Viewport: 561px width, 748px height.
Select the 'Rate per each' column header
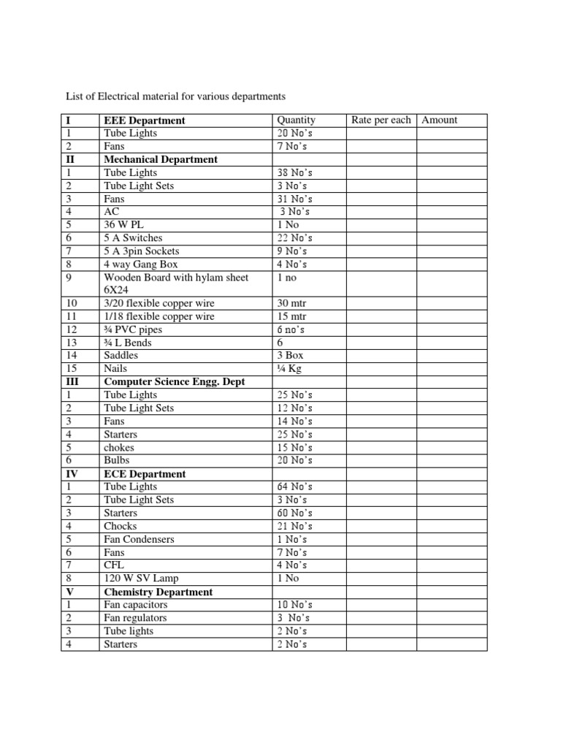(x=381, y=120)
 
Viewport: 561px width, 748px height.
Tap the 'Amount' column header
(x=440, y=120)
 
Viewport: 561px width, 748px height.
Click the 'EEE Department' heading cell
(x=145, y=121)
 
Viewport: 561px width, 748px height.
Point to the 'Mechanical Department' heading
(x=161, y=159)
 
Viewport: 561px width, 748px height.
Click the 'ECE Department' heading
(x=145, y=474)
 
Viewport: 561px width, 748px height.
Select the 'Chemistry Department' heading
(x=159, y=592)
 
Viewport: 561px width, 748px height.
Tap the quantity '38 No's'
(x=295, y=173)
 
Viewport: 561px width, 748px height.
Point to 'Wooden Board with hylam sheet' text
(x=176, y=278)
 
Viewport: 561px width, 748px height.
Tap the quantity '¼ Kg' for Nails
(x=289, y=369)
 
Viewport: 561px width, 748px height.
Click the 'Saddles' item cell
(x=121, y=356)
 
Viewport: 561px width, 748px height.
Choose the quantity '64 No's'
(x=295, y=487)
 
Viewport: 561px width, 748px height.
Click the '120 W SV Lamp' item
(x=141, y=579)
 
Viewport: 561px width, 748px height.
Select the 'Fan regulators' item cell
(x=136, y=618)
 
